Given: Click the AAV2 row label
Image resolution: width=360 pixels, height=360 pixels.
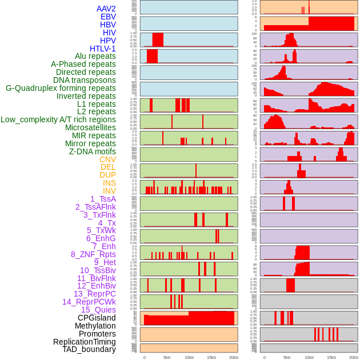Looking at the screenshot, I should [106, 9].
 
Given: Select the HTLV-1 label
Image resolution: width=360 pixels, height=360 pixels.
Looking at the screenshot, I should [103, 49].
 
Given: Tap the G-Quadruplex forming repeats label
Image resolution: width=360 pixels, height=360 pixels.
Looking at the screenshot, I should [61, 88].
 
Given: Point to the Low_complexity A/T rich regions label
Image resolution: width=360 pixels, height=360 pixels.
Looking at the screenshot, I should [58, 119].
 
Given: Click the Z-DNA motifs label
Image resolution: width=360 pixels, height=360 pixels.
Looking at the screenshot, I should [93, 151].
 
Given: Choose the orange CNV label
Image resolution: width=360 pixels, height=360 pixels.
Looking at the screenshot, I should [107, 159].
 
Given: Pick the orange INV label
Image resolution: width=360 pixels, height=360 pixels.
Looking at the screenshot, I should [109, 191].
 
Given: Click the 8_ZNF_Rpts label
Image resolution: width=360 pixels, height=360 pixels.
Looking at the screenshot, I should [93, 254].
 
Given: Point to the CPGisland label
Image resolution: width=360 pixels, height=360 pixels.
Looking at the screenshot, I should [97, 318].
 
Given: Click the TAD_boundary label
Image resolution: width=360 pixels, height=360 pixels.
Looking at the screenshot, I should [89, 349].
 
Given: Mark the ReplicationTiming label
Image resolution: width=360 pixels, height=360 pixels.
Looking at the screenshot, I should [84, 342].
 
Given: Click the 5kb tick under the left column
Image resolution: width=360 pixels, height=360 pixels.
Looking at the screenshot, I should [167, 357].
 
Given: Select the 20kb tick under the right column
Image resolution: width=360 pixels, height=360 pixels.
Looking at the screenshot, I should [354, 357].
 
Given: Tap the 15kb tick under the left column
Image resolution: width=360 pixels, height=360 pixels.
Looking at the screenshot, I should [211, 357].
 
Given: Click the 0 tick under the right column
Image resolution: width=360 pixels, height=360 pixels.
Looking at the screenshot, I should [264, 357].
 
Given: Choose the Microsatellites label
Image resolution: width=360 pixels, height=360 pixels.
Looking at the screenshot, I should [90, 127].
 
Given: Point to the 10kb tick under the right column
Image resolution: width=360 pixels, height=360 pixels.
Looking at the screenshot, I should [309, 357].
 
